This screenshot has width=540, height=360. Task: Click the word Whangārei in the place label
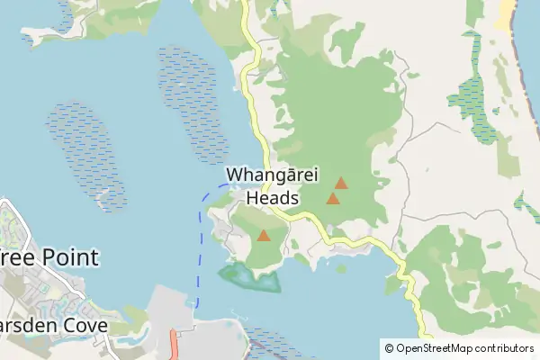coord(270,175)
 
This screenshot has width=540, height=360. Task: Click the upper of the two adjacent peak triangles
coord(340,183)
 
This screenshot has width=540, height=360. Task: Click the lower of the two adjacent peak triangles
coord(332,198)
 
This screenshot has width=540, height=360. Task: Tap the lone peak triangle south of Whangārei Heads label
coord(263,236)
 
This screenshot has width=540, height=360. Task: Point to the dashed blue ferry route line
coord(198,252)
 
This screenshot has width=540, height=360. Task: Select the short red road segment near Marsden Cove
coord(173,343)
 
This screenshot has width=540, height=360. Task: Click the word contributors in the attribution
coord(503,348)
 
